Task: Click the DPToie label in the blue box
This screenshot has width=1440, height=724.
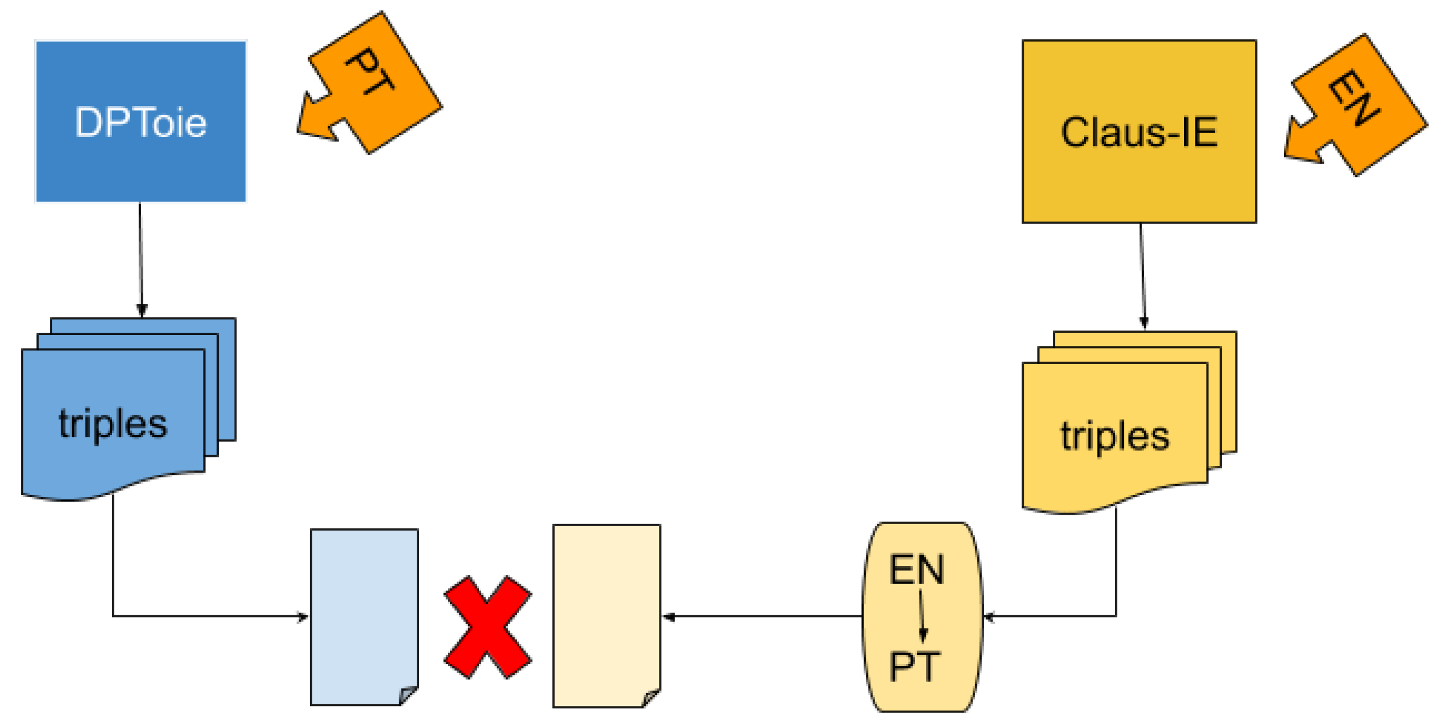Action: (x=141, y=122)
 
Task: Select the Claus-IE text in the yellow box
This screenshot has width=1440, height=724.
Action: (x=1139, y=132)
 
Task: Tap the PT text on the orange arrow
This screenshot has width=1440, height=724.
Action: (x=370, y=71)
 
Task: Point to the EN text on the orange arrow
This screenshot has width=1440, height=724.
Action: (x=1354, y=98)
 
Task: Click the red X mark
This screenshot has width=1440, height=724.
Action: (x=487, y=627)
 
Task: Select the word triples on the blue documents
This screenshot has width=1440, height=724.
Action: (x=113, y=424)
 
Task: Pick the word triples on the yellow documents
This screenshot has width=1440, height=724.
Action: (x=1115, y=435)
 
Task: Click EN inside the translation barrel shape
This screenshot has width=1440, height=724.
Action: (x=916, y=570)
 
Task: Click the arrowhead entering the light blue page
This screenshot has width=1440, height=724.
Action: (x=302, y=617)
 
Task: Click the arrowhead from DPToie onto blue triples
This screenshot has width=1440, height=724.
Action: (x=142, y=310)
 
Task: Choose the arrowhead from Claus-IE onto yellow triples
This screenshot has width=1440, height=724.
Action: (x=1144, y=323)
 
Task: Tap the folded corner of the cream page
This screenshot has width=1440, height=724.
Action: (x=651, y=698)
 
